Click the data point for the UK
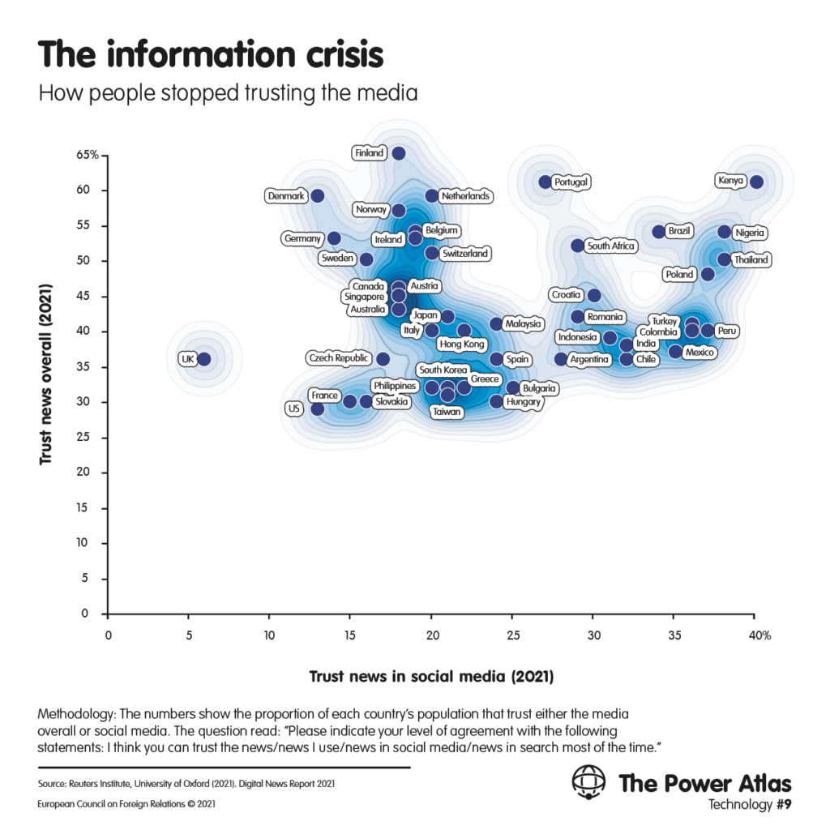point(204,358)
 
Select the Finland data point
point(399,153)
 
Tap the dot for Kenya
point(756,182)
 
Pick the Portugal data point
point(545,182)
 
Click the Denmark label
point(286,196)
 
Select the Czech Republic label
point(339,358)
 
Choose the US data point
point(318,409)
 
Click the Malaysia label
point(523,324)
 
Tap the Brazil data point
point(659,232)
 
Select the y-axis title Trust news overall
point(46,374)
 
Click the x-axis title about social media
point(431,675)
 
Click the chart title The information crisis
point(210,54)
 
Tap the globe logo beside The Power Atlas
point(588,782)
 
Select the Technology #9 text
point(749,805)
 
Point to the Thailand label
point(750,260)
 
